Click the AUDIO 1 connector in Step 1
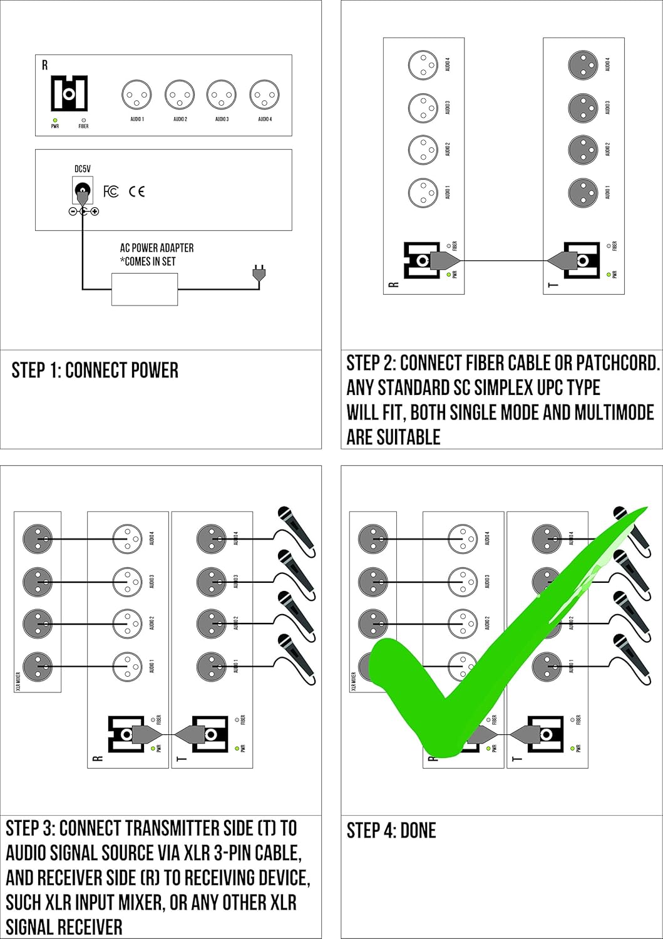click(136, 96)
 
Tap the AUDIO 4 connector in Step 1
click(264, 96)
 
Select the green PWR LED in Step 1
click(55, 120)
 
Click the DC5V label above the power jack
click(83, 169)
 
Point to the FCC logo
click(111, 192)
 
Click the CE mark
click(136, 192)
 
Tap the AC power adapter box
click(145, 289)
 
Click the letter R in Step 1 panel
click(44, 65)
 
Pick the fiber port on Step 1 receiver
click(69, 94)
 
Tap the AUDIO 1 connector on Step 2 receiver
click(423, 193)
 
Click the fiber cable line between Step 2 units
click(504, 260)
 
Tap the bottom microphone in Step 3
click(296, 657)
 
